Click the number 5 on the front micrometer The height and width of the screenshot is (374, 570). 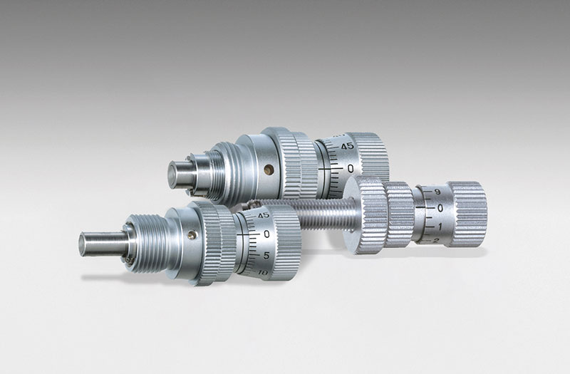(266, 256)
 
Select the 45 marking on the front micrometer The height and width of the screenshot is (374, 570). (264, 215)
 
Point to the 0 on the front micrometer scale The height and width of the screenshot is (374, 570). (266, 234)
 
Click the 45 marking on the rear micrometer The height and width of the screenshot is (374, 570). (347, 146)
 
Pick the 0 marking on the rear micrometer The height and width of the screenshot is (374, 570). (351, 168)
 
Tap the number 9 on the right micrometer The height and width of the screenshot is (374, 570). (437, 192)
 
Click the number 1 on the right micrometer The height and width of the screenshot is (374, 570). (440, 227)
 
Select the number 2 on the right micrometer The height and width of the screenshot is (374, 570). (436, 240)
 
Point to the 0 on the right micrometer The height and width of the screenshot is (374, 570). (440, 208)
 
